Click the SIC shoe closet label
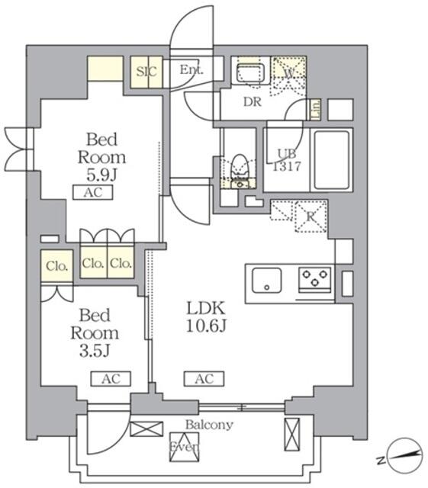[146, 72]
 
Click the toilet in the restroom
[240, 166]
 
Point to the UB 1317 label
[284, 159]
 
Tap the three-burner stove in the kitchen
[315, 278]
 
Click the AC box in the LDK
[203, 377]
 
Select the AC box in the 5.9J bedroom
[93, 193]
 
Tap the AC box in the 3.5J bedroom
[111, 377]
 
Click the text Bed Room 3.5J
[95, 332]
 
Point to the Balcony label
[208, 425]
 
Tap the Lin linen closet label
[315, 109]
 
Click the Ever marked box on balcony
[184, 447]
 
